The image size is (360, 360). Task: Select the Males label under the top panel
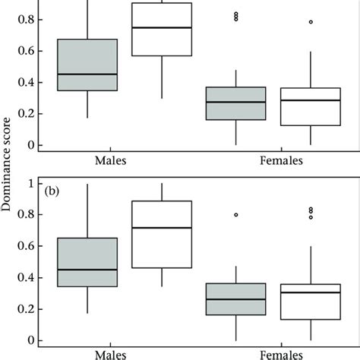click(x=110, y=160)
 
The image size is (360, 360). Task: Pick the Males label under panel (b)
click(x=110, y=353)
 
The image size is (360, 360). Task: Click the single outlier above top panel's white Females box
click(x=311, y=22)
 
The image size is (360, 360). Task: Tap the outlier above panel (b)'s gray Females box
click(x=236, y=215)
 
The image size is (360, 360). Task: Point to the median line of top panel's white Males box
click(x=162, y=27)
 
